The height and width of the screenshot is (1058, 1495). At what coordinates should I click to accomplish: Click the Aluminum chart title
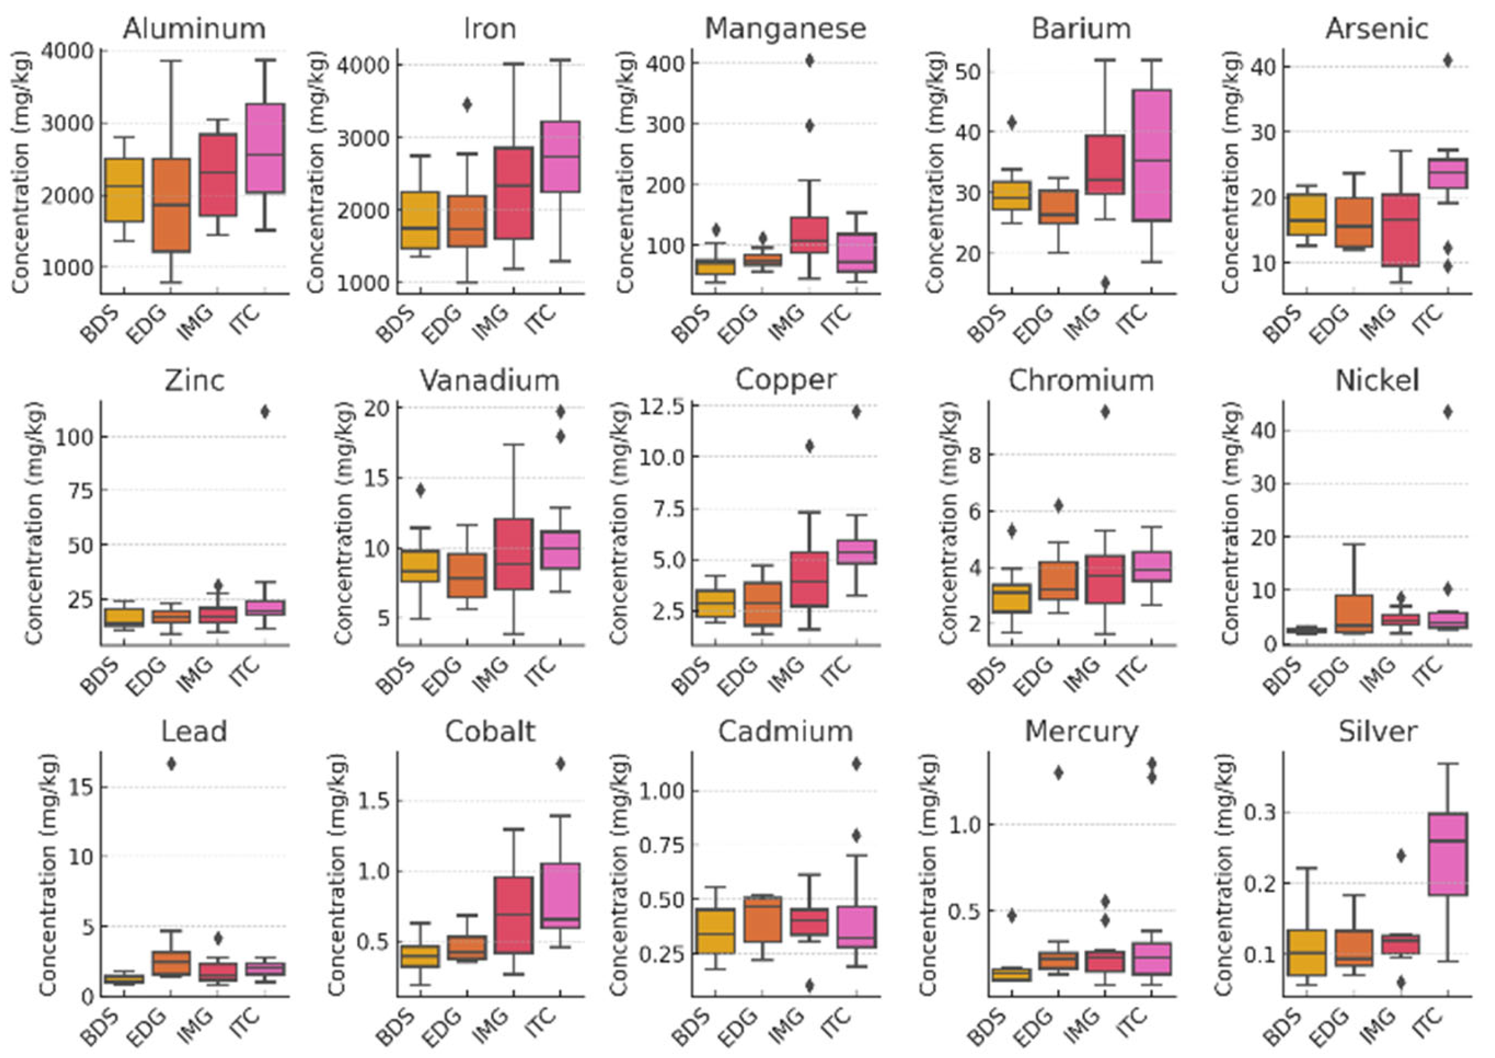tap(194, 29)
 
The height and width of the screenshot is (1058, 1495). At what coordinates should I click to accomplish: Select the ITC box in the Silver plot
tap(1447, 853)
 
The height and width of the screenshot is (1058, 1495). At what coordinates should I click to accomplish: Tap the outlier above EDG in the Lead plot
tap(171, 764)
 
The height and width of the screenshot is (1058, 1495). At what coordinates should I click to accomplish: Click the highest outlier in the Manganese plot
tap(809, 61)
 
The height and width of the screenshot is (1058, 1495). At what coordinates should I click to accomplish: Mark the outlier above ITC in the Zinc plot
tap(264, 411)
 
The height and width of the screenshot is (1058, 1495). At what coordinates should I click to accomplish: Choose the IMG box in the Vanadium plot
tap(514, 555)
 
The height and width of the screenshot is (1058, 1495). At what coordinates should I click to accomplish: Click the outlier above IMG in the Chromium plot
tap(1105, 411)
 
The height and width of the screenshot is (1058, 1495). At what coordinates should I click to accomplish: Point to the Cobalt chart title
tap(490, 732)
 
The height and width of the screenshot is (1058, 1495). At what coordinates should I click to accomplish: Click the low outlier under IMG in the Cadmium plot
tap(809, 986)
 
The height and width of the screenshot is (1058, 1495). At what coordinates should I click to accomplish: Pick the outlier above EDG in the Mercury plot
tap(1059, 773)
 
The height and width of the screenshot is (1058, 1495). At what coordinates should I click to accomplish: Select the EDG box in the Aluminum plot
tap(171, 205)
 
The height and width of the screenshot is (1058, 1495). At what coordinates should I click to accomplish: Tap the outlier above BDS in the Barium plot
tap(1011, 122)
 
